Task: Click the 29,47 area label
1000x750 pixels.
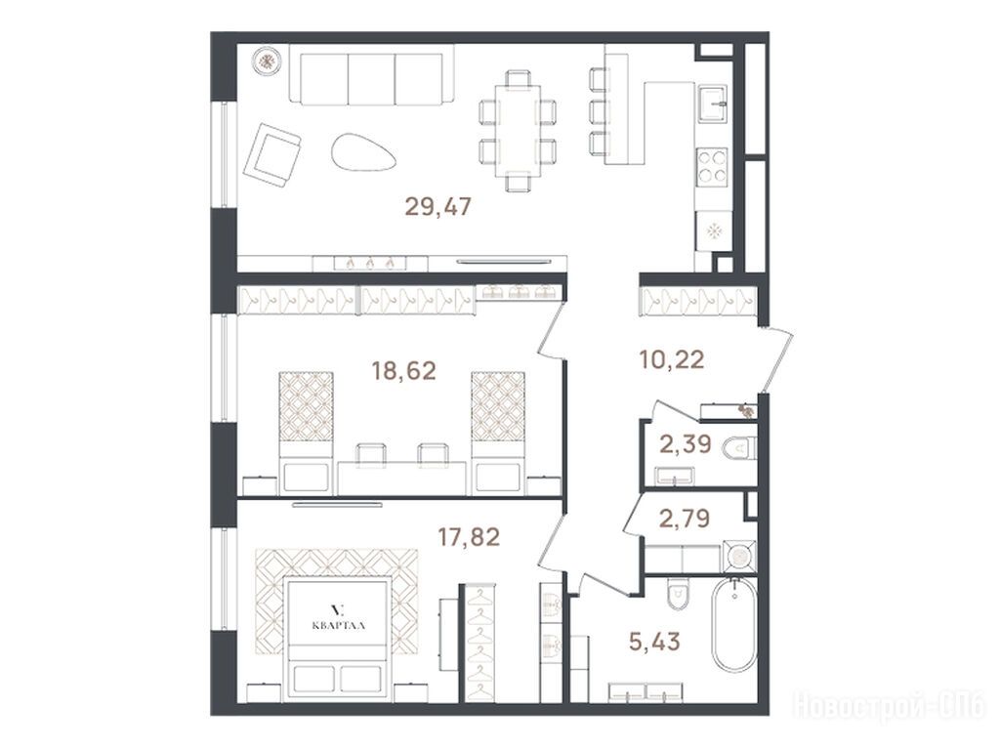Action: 438,207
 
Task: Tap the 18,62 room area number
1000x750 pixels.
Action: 403,370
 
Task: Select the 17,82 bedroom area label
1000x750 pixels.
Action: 468,537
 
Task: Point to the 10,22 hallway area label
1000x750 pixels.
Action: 672,359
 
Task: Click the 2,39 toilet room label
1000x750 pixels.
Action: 685,443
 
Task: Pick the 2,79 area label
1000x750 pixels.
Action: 685,518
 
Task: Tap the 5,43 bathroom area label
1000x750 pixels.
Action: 654,641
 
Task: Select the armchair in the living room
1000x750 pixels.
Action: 272,154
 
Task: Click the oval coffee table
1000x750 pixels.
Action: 360,151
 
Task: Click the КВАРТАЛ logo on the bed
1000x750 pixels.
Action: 339,618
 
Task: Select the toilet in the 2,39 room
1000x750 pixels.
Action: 739,449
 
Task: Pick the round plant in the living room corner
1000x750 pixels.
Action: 267,62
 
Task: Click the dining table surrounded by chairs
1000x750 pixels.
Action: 518,130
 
